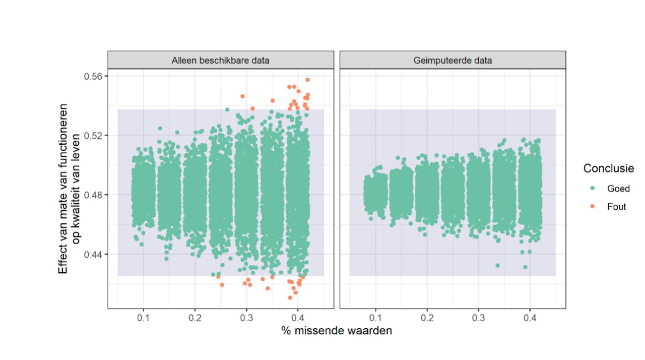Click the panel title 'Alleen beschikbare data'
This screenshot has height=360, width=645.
pyautogui.click(x=220, y=61)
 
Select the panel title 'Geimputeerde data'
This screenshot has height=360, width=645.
pyautogui.click(x=453, y=61)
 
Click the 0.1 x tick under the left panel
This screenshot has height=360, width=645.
pyautogui.click(x=144, y=318)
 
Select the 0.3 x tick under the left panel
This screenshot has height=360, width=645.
pyautogui.click(x=246, y=318)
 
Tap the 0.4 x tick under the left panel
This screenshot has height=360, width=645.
pyautogui.click(x=298, y=318)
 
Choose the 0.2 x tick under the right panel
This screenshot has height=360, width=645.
pyautogui.click(x=427, y=318)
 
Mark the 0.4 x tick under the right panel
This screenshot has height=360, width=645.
pyautogui.click(x=530, y=318)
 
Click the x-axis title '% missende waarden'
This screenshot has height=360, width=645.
pyautogui.click(x=336, y=331)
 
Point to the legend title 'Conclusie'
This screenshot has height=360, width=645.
pyautogui.click(x=609, y=168)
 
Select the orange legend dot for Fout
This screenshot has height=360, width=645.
pyautogui.click(x=592, y=206)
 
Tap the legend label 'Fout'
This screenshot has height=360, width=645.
pyautogui.click(x=616, y=206)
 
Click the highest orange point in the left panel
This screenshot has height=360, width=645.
pyautogui.click(x=307, y=80)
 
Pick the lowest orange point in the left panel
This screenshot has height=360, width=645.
pyautogui.click(x=290, y=297)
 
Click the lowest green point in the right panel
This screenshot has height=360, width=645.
pyautogui.click(x=525, y=267)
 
